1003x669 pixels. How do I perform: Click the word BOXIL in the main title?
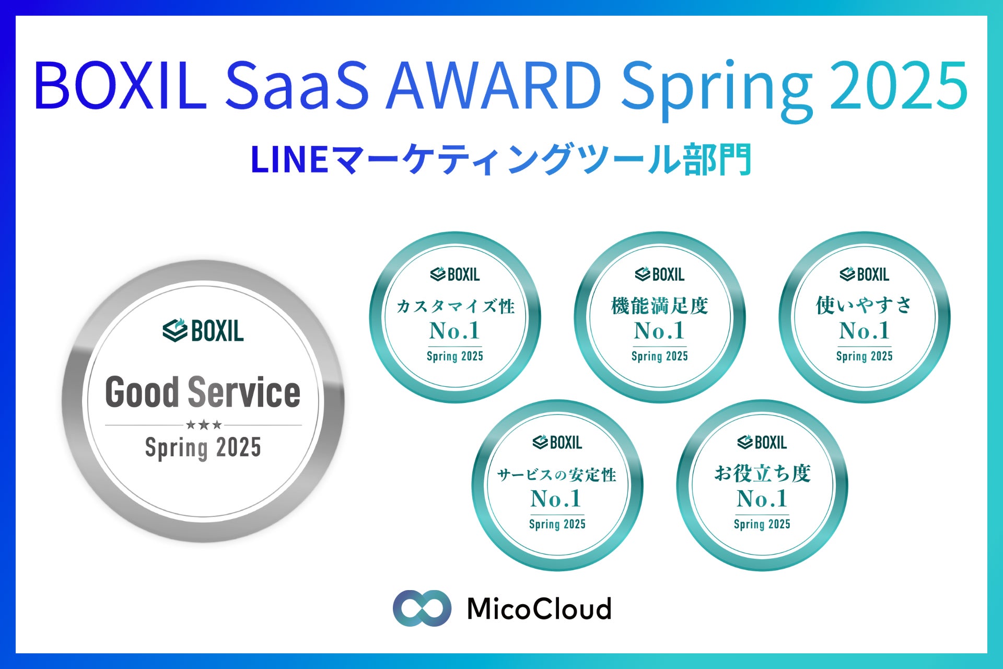121,86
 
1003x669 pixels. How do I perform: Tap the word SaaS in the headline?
297,86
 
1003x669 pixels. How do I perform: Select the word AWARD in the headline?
494,86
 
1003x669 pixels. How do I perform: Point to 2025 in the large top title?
899,86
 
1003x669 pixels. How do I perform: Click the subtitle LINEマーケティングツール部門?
501,159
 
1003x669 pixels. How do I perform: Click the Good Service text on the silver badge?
203,392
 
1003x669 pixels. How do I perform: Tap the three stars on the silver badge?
204,425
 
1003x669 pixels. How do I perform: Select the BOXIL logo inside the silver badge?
203,330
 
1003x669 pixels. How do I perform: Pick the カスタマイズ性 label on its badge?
456,306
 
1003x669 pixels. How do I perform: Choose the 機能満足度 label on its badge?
660,306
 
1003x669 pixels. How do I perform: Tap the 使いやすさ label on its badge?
864,305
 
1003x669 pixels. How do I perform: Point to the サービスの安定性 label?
557,475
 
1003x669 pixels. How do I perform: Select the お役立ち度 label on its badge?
762,474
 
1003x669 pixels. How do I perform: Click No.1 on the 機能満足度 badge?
659,331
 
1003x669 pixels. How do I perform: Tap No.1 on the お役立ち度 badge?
762,499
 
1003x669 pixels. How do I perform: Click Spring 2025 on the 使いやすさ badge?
864,356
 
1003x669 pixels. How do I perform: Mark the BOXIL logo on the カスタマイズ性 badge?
455,274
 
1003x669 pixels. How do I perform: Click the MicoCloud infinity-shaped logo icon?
422,608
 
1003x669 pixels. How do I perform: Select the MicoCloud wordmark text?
539,608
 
